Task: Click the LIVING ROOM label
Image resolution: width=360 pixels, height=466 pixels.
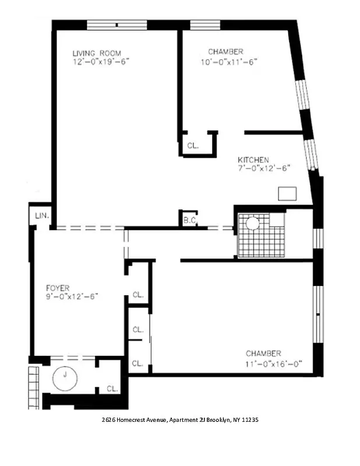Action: point(97,53)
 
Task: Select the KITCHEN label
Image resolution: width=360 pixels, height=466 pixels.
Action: point(253,160)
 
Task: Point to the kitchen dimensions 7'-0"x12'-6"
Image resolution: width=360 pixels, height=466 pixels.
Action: point(263,168)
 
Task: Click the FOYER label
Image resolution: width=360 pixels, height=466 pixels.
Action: point(58,288)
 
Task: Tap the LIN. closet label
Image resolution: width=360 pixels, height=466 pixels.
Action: point(41,216)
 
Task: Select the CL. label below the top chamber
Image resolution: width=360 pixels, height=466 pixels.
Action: point(193,146)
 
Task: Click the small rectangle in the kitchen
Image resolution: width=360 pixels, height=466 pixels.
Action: point(287,193)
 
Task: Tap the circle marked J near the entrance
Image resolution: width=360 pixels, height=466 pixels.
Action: point(65,378)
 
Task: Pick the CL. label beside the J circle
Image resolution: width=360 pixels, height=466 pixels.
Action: point(112,389)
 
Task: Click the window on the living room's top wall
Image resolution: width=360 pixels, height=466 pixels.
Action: point(117,25)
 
